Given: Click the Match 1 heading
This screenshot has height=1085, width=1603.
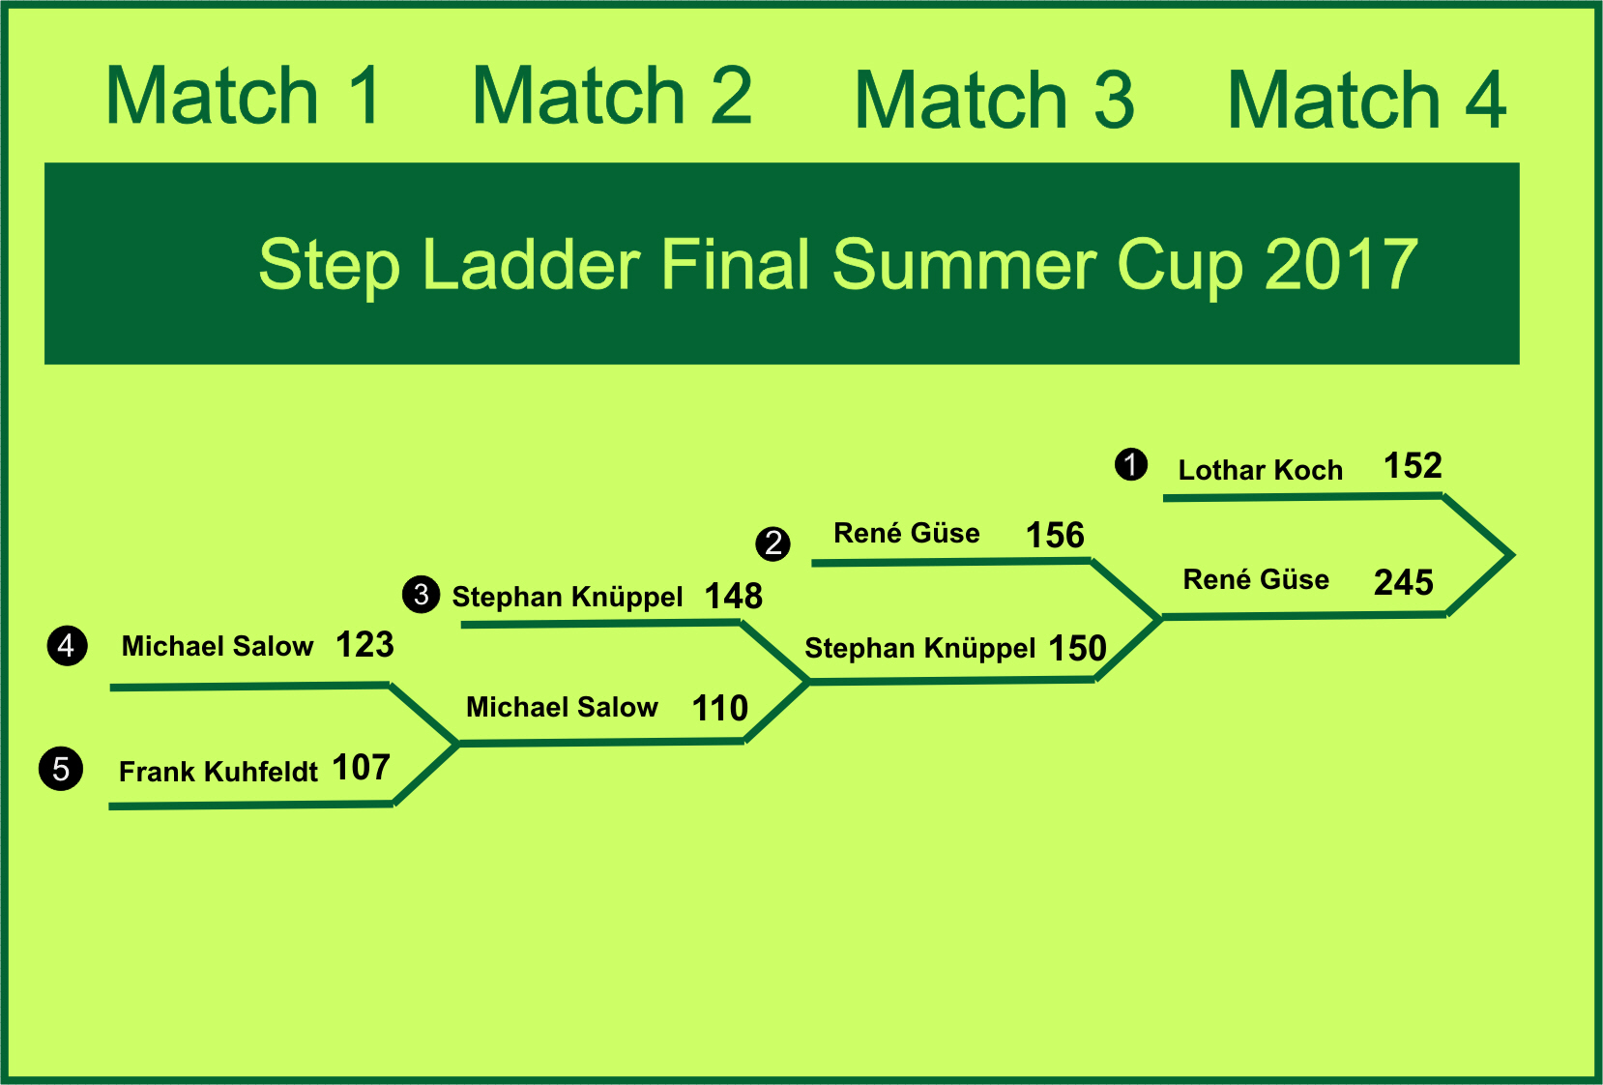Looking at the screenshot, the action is [x=243, y=95].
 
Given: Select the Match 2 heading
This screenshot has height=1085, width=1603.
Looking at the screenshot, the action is [x=612, y=95].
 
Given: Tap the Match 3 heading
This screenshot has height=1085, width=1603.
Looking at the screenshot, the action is [x=994, y=101].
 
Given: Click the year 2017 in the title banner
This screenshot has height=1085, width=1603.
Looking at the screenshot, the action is [x=1341, y=265].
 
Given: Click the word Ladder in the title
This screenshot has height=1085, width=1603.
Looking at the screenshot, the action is [x=532, y=264].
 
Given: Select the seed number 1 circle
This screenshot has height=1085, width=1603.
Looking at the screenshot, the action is [x=1130, y=464].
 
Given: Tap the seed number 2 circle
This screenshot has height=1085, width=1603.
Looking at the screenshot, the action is [x=772, y=543].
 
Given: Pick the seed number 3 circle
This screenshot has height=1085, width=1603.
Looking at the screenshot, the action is [x=421, y=594].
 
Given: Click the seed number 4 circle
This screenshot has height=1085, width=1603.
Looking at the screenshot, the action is [x=68, y=646].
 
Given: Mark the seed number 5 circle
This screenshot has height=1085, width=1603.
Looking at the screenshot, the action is [x=61, y=769].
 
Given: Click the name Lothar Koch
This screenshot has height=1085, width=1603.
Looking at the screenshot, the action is [x=1260, y=470].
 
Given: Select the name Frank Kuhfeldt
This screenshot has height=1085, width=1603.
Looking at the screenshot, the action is [x=219, y=772].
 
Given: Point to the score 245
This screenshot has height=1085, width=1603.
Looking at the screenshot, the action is [x=1403, y=582].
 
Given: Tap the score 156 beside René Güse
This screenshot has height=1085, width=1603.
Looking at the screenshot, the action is [x=1055, y=535].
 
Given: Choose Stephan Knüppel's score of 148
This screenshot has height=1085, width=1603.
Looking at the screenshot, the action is [x=734, y=597].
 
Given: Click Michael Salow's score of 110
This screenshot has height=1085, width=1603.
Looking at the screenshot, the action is [x=720, y=708].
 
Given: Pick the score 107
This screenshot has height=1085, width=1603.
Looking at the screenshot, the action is [x=362, y=767].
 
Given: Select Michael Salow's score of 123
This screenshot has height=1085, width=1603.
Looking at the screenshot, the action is [x=364, y=644].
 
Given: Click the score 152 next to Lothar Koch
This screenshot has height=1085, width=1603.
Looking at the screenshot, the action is [x=1413, y=465].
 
